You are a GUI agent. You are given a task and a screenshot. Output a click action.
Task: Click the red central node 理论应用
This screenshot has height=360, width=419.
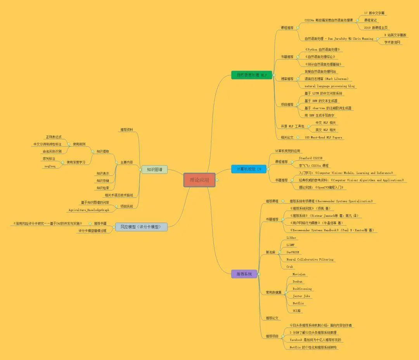199,180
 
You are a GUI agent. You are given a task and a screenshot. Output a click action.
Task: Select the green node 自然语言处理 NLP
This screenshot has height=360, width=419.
249,75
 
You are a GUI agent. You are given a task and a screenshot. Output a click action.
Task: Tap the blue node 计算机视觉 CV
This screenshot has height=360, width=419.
249,169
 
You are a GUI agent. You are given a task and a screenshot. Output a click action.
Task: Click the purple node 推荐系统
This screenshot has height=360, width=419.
244,274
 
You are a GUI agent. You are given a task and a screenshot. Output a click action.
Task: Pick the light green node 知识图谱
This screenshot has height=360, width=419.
154,169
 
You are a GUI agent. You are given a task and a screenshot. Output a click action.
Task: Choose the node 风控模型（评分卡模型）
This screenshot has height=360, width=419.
141,227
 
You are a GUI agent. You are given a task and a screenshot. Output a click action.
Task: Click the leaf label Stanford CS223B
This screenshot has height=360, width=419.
310,158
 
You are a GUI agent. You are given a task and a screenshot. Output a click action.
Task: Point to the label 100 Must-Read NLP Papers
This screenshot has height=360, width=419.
323,137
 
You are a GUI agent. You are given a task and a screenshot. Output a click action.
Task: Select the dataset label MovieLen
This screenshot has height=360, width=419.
299,274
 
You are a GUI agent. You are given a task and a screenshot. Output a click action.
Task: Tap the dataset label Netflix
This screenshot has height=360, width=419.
298,303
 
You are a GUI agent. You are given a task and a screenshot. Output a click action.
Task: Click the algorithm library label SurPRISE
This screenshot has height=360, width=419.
293,252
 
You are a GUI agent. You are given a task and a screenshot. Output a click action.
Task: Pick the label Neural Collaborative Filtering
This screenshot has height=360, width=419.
310,259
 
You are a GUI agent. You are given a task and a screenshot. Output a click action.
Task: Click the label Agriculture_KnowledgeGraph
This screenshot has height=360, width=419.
89,210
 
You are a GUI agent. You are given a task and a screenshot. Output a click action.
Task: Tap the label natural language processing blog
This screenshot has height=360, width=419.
329,86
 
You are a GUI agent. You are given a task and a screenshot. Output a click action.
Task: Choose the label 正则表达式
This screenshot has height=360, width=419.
54,137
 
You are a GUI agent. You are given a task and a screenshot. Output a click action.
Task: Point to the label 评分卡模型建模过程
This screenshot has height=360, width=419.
92,231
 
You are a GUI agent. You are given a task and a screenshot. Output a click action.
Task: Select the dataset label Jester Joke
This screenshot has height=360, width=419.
301,296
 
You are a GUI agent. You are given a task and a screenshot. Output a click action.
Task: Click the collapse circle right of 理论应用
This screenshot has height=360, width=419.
217,180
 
